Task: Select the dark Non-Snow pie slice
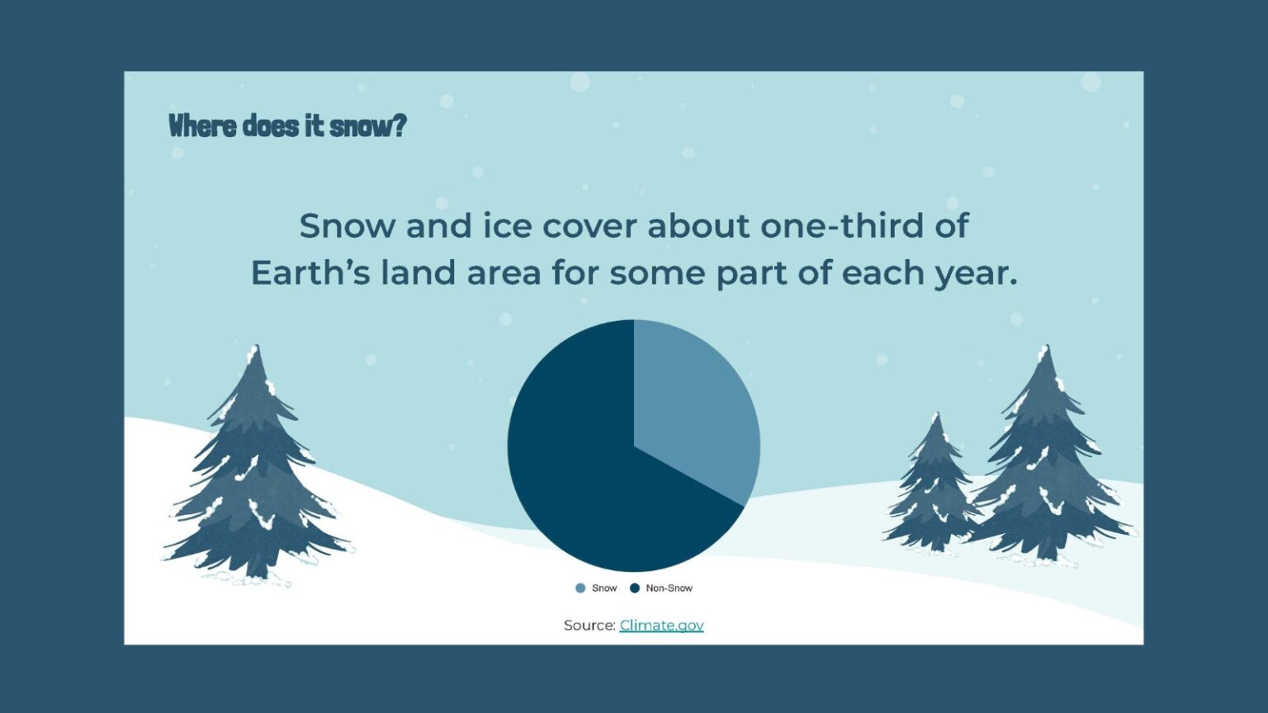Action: coord(578,462)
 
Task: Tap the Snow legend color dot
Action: coord(580,588)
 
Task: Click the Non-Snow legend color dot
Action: coord(635,588)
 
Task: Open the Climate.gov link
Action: coord(661,626)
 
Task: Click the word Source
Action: coord(589,626)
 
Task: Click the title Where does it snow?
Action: coord(287,126)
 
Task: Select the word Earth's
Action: coord(310,273)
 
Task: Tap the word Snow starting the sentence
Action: coord(347,226)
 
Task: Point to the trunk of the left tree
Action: coord(257,569)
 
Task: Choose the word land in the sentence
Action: coord(418,273)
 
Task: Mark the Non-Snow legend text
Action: coord(669,588)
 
